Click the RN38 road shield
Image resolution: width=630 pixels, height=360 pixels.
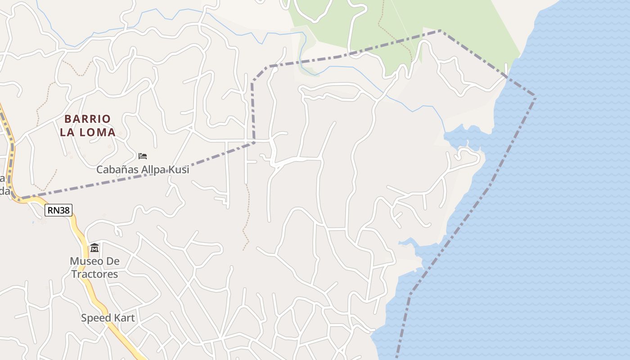[x=58, y=210]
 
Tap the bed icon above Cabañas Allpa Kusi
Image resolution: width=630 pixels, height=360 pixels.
[x=143, y=156]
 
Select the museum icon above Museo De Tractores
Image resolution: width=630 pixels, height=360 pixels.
[x=94, y=248]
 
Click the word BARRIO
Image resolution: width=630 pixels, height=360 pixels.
[x=87, y=119]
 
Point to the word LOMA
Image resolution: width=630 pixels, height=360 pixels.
[x=98, y=133]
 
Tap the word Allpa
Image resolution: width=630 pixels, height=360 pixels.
[x=153, y=170]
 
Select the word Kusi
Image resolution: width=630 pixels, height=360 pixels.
[x=179, y=170]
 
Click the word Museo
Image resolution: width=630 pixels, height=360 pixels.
[x=85, y=261]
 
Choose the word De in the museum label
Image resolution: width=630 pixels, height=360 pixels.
[x=112, y=261]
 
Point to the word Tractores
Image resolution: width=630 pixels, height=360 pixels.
[x=94, y=274]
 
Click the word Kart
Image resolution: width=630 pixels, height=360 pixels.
[x=124, y=318]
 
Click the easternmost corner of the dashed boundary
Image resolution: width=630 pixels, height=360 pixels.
[x=535, y=96]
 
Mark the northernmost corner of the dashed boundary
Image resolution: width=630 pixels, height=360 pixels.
[x=441, y=31]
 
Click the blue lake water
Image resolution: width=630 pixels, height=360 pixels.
[x=562, y=202]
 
